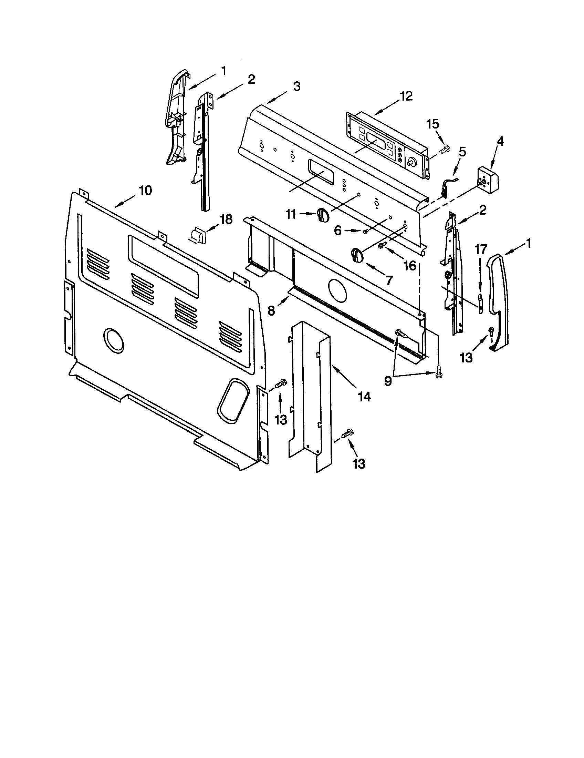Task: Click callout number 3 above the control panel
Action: click(296, 86)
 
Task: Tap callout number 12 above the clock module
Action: click(406, 96)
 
